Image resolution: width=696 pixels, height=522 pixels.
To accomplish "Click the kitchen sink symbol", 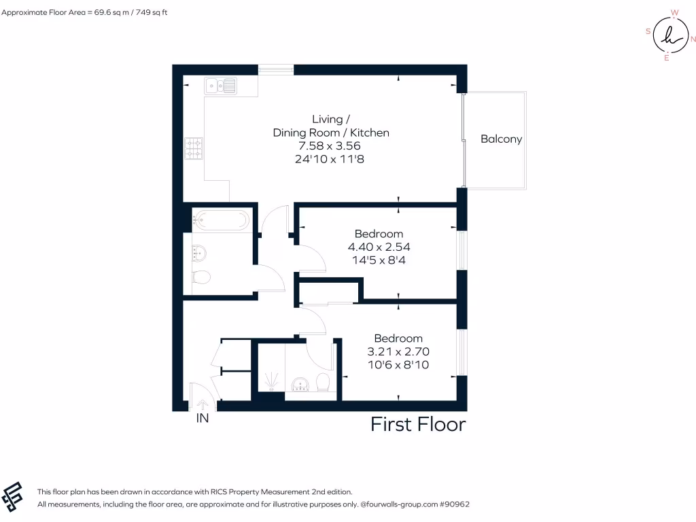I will click(x=222, y=85).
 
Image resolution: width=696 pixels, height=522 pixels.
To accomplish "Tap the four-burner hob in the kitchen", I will click(x=193, y=147).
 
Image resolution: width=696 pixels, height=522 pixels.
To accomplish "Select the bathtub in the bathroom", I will click(x=220, y=219).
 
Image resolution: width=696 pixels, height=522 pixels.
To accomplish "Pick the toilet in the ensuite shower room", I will click(x=323, y=383).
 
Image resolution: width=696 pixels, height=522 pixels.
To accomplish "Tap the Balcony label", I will click(x=501, y=139).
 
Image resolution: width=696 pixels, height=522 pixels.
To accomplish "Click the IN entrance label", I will click(x=203, y=419).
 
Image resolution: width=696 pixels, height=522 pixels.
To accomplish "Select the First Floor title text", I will click(x=418, y=425).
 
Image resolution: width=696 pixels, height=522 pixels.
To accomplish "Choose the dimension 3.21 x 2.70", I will click(x=398, y=351).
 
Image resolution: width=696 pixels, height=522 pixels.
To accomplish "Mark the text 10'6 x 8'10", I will click(x=398, y=365).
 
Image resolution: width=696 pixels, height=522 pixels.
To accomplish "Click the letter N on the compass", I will click(x=693, y=39).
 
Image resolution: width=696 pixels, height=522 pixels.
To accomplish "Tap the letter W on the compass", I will click(x=674, y=12).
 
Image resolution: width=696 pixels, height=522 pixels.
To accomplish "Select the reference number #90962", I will click(x=455, y=504).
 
